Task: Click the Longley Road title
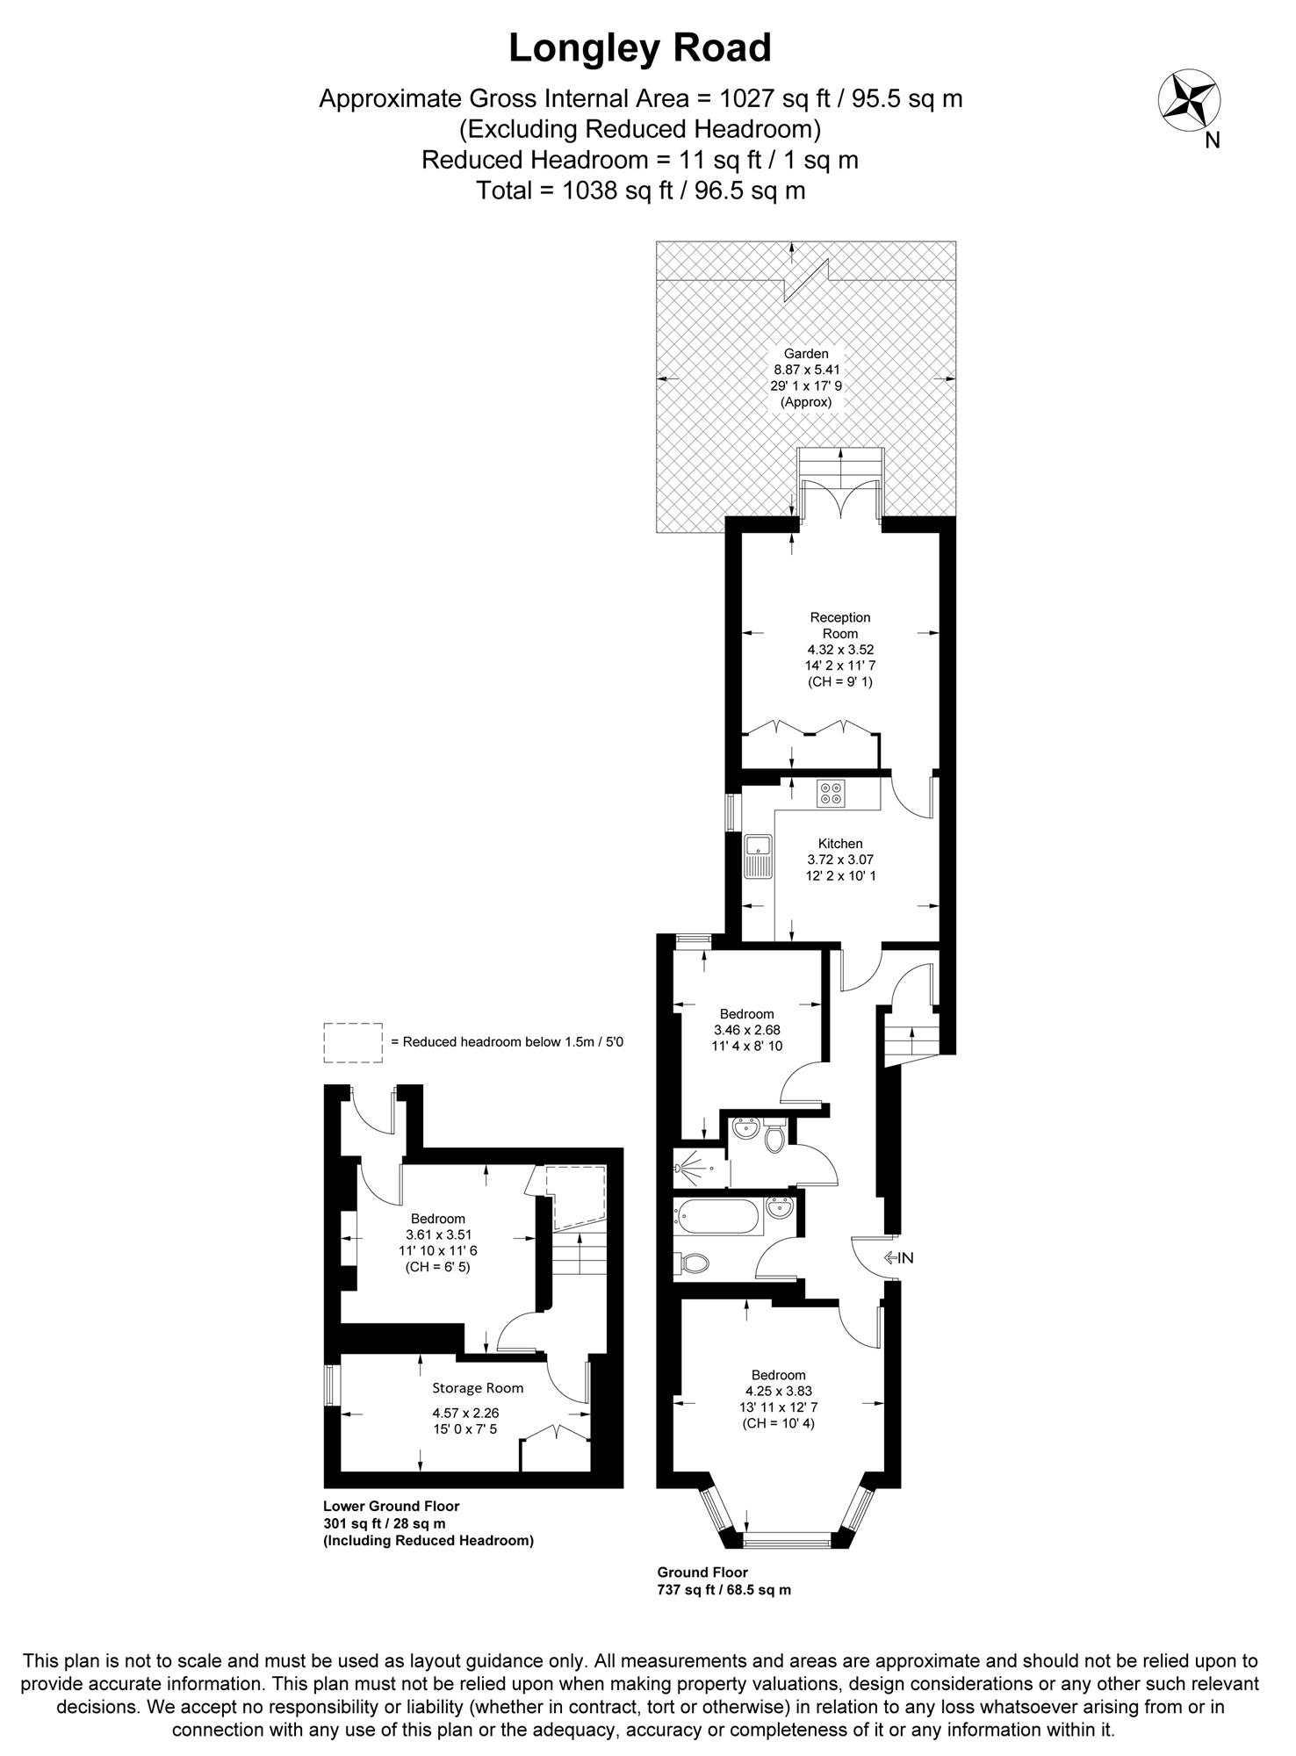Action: tap(640, 48)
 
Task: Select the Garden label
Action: tap(806, 354)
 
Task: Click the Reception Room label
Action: tap(840, 625)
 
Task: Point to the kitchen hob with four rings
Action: tap(831, 794)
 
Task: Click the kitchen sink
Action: tap(757, 856)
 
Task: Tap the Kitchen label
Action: tap(840, 844)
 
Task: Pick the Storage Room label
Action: tap(478, 1388)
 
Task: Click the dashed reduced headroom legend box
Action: tap(353, 1042)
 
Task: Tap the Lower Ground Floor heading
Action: tap(391, 1506)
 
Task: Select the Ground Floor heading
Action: tap(702, 1572)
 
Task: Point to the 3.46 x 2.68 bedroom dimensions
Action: tap(747, 1030)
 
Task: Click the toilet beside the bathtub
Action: tap(695, 1263)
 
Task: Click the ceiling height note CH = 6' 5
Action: tap(437, 1267)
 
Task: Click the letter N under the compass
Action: tap(1213, 140)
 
